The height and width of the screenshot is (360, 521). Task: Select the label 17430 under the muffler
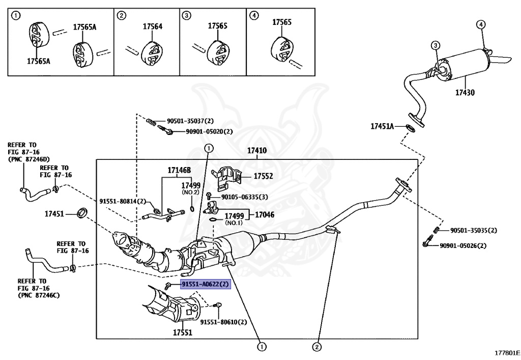[465, 93]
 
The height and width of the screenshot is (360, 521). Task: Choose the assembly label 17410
[257, 151]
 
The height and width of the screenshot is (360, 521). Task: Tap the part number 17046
[265, 215]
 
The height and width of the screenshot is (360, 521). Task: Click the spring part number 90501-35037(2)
[190, 121]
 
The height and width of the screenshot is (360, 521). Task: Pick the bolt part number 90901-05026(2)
[463, 245]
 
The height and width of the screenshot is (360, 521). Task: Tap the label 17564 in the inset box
[152, 26]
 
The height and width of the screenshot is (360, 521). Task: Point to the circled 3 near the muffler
[436, 46]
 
